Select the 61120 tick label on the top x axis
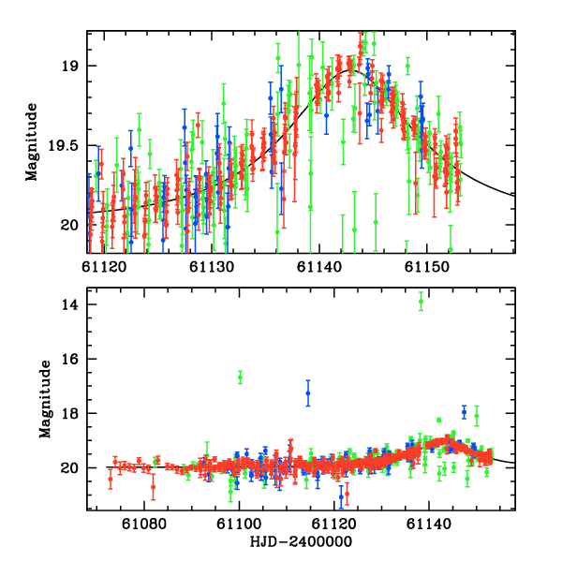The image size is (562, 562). [105, 266]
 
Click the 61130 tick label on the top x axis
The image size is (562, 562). [212, 266]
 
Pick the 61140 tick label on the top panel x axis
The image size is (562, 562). [318, 266]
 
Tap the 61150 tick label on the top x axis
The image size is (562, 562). [425, 266]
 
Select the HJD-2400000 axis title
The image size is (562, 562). [302, 541]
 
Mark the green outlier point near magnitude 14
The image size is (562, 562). [421, 301]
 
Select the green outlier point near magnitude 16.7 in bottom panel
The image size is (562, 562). [240, 377]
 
